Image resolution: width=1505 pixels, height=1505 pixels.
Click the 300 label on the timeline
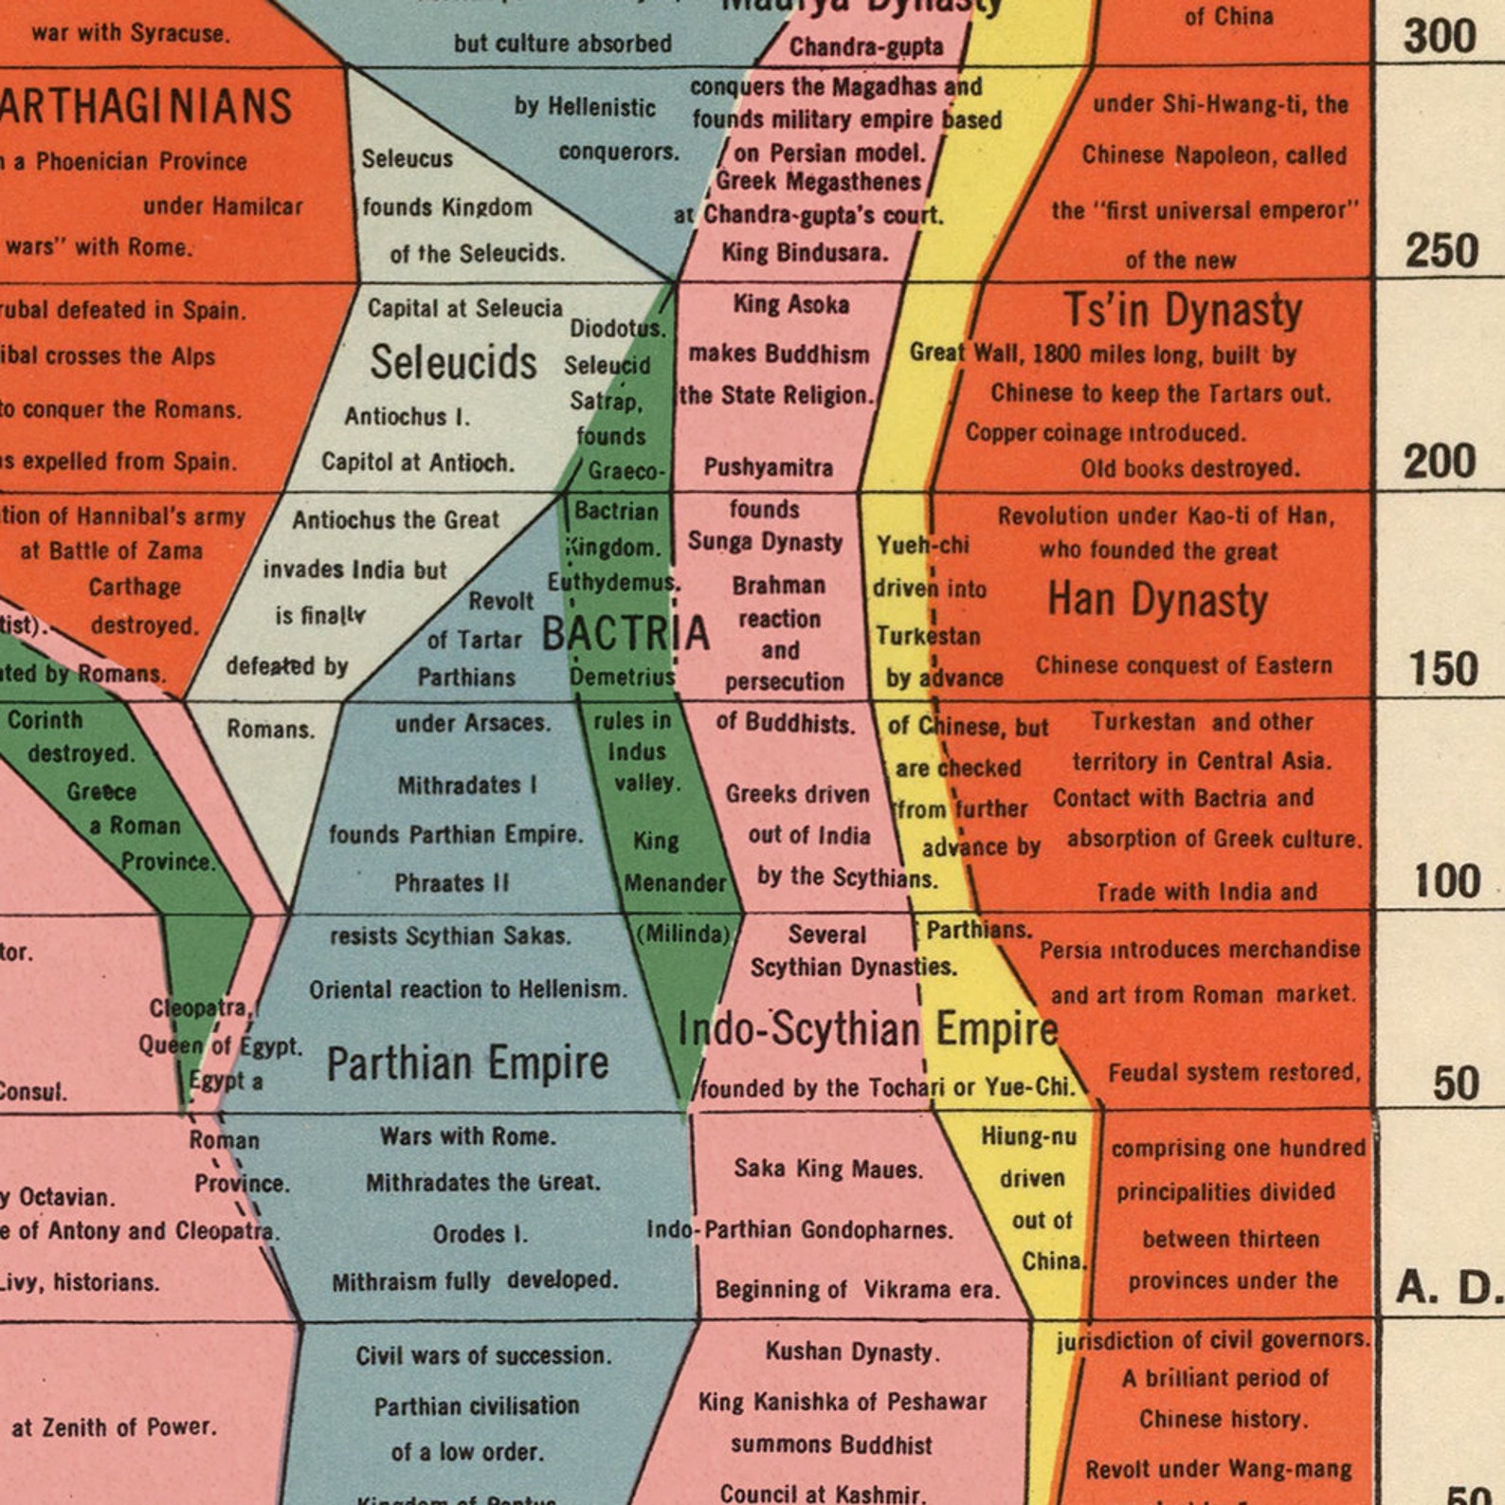[x=1440, y=36]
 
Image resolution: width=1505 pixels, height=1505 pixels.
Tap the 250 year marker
[x=1442, y=251]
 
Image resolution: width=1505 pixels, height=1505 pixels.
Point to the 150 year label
[x=1443, y=668]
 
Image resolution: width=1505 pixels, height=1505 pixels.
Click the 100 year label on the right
[x=1446, y=880]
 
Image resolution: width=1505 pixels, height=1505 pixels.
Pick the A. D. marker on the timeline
[x=1449, y=1287]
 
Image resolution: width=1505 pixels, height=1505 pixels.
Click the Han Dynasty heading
[x=1157, y=600]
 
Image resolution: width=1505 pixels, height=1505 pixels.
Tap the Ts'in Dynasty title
[x=1182, y=310]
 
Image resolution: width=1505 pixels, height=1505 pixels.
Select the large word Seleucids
[x=453, y=362]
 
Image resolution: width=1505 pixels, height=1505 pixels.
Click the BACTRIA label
[x=626, y=633]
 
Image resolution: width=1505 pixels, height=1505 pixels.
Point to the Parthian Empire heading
[x=467, y=1062]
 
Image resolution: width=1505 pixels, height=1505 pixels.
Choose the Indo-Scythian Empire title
[x=868, y=1029]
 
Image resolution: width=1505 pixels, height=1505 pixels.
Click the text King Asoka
[x=791, y=304]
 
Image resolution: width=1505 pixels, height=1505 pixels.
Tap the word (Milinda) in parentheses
[x=683, y=934]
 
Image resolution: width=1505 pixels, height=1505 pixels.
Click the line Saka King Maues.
[x=827, y=1169]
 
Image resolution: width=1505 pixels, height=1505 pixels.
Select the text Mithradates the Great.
[x=482, y=1183]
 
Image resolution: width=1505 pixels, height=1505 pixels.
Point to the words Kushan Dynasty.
[x=852, y=1351]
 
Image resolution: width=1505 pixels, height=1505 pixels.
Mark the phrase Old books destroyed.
[x=1189, y=468]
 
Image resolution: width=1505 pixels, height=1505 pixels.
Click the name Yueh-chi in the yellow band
[x=922, y=545]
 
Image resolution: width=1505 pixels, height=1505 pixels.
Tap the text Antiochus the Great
[x=395, y=519]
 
